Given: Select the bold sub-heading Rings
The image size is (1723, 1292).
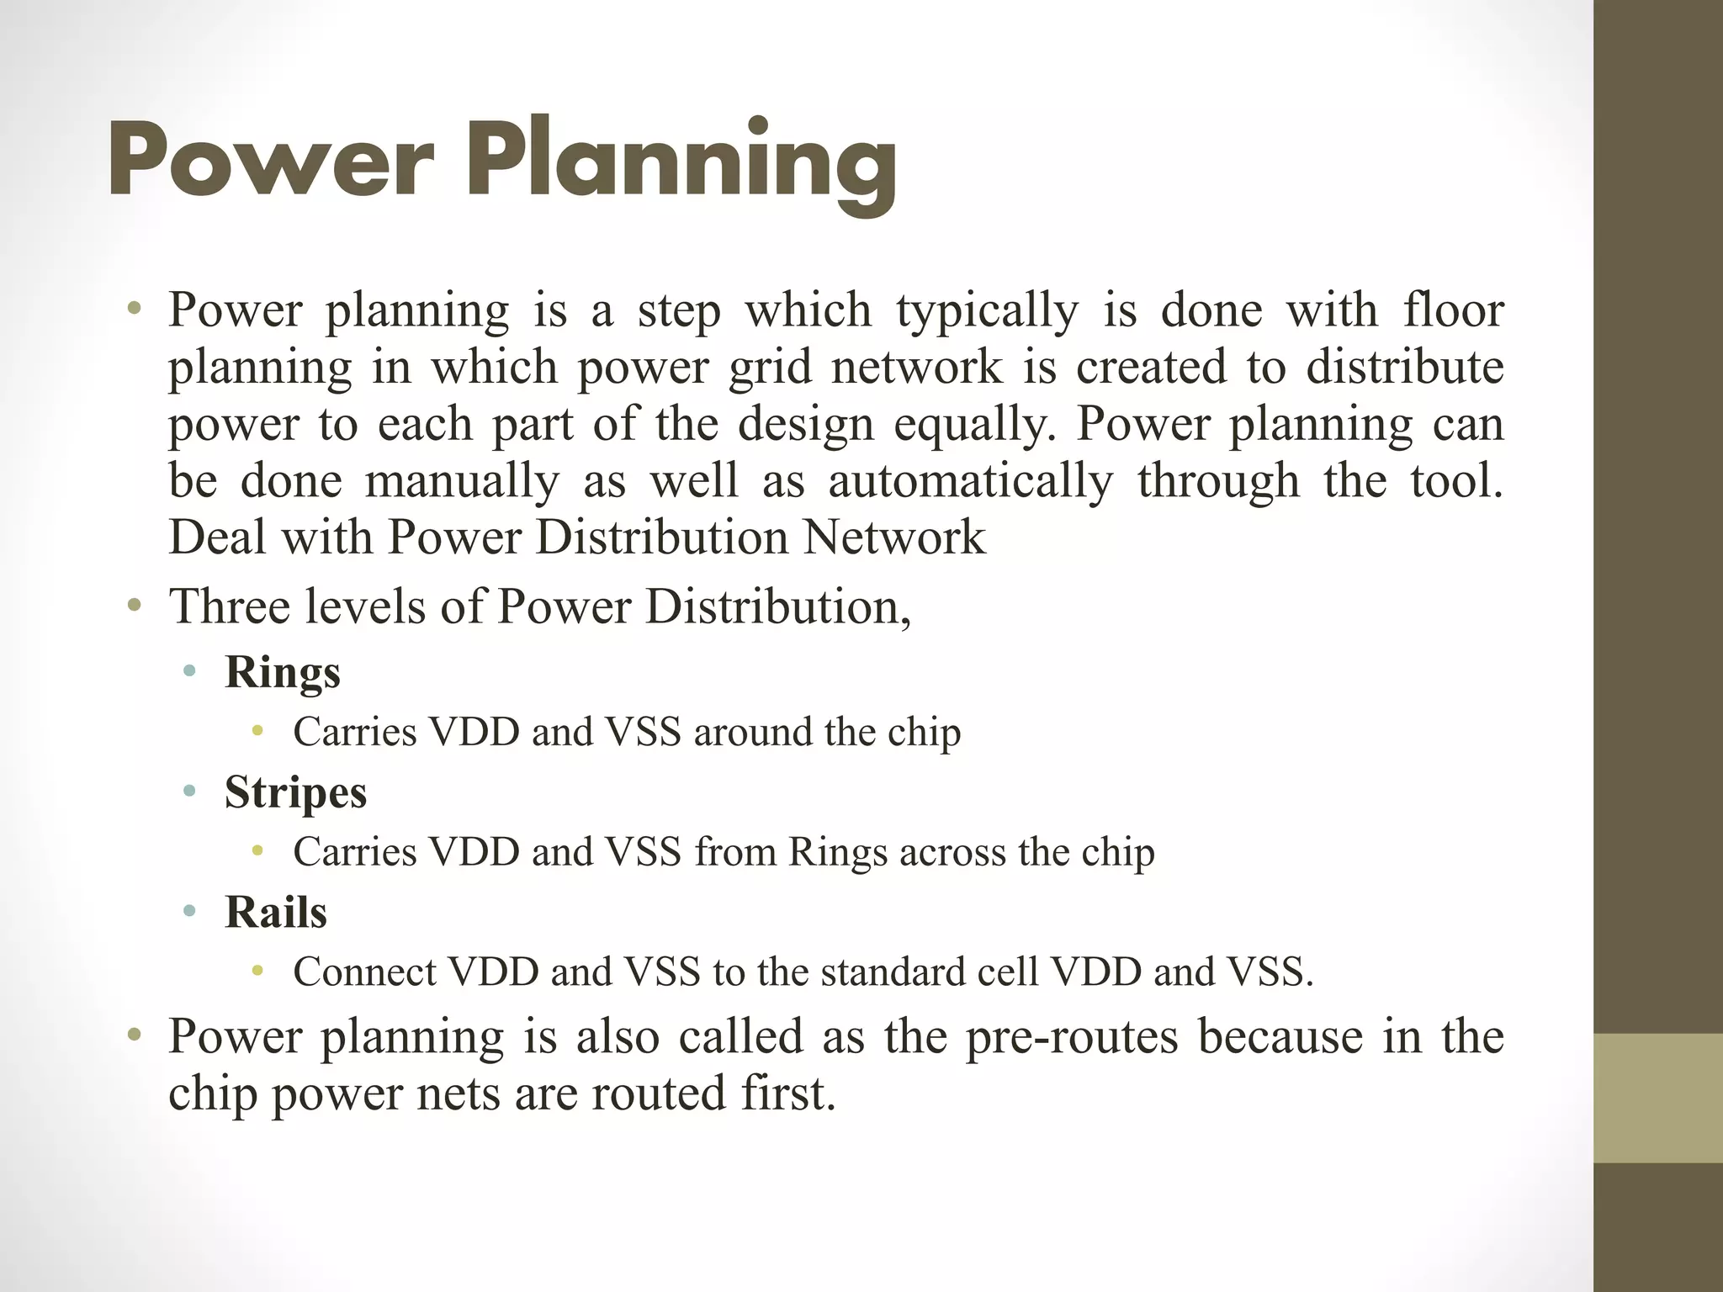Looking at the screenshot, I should click(283, 673).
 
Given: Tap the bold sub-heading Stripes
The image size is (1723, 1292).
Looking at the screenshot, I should click(295, 792).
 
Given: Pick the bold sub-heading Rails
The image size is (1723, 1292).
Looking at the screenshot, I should click(276, 912).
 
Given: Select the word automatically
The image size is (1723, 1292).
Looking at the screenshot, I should click(970, 482).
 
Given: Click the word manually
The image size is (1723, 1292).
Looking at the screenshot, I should click(462, 482).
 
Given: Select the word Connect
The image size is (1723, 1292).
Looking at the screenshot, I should click(363, 972).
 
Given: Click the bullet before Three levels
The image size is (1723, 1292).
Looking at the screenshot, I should click(134, 605).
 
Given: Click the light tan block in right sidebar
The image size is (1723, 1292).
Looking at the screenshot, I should click(1657, 1098).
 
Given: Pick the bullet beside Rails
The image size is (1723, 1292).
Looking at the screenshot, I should click(190, 911).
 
